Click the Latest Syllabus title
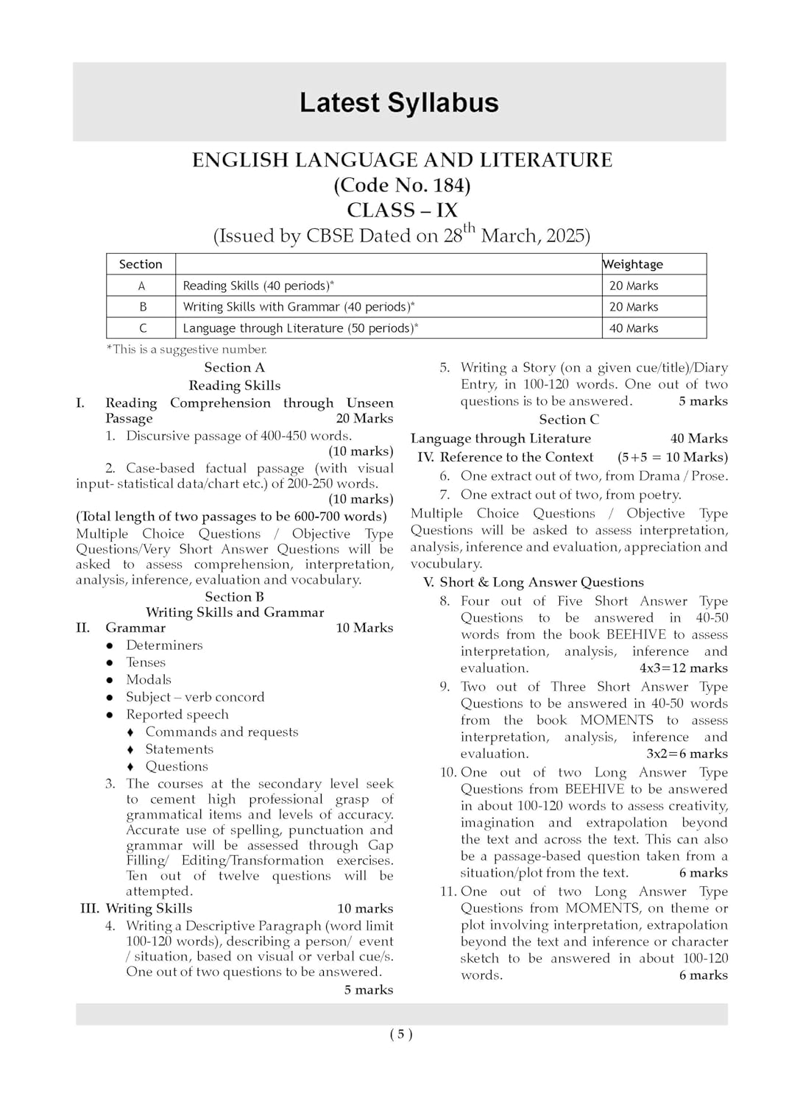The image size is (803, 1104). point(399,102)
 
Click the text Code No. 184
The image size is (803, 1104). point(402,185)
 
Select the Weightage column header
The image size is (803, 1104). point(633,264)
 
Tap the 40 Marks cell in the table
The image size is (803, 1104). point(634,328)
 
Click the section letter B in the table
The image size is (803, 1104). point(142,307)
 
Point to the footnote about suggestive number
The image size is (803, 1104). point(187,350)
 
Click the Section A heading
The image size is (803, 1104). point(234,367)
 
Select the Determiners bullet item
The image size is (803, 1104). point(164,645)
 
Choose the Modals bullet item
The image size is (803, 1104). point(149,680)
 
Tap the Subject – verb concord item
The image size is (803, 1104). point(195,697)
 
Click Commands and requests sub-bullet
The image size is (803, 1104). point(222,732)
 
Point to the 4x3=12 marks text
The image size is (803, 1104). point(683,668)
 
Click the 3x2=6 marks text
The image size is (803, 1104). point(687,754)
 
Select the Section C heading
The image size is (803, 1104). point(569,420)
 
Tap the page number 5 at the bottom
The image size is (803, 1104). point(401,1034)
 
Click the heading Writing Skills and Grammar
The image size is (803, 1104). point(234,612)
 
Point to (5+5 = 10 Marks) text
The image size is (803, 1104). point(672,457)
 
